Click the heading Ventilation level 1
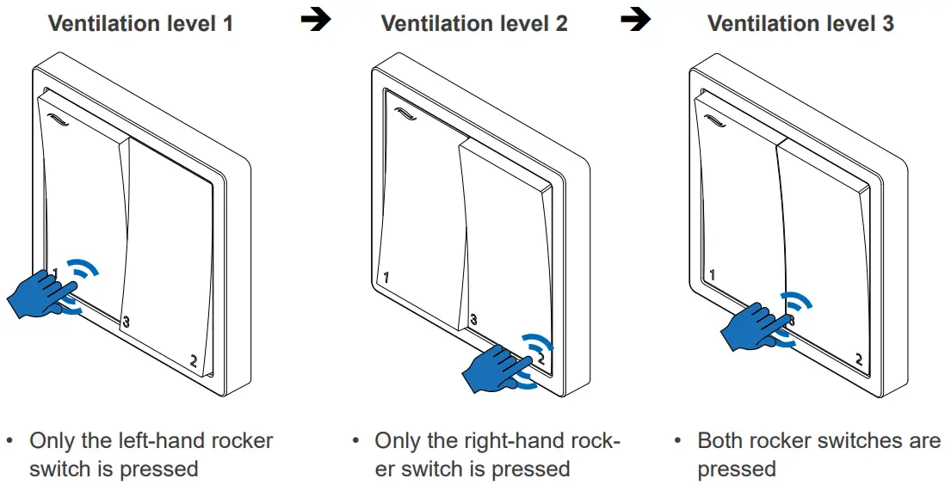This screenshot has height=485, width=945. click(140, 23)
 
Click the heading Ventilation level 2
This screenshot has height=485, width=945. click(473, 23)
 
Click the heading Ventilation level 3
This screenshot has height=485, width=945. click(800, 23)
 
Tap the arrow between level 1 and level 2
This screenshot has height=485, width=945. click(316, 21)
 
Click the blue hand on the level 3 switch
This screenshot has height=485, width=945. click(754, 328)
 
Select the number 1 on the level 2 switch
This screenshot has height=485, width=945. click(386, 278)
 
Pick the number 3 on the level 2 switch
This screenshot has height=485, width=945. click(472, 320)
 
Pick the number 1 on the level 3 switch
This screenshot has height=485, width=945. click(711, 275)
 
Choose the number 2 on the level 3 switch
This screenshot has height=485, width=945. click(858, 358)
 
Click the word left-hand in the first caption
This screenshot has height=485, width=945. click(182, 441)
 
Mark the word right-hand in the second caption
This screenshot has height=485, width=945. click(516, 441)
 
